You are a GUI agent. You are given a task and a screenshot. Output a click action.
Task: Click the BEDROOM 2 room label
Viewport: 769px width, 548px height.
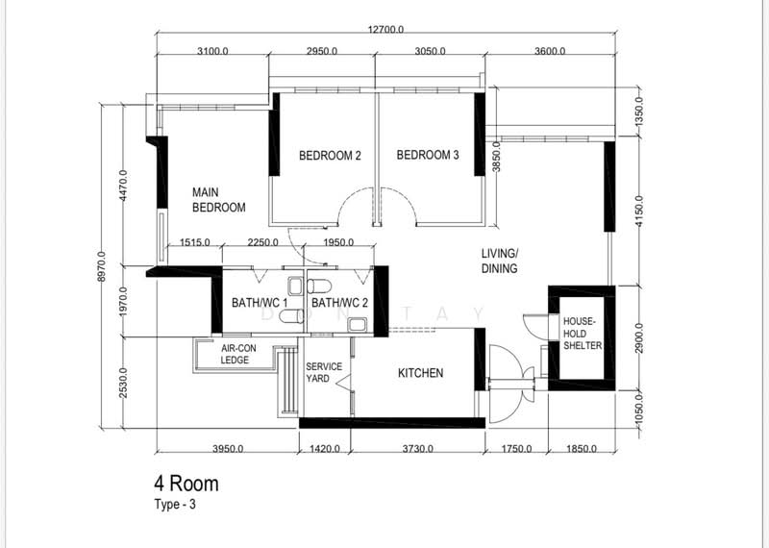[330, 156]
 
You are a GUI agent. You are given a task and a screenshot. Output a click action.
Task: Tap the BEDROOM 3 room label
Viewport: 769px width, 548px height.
[428, 155]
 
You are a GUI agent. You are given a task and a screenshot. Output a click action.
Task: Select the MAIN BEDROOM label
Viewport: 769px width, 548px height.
[219, 200]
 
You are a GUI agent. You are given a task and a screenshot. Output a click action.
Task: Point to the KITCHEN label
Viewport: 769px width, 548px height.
[420, 373]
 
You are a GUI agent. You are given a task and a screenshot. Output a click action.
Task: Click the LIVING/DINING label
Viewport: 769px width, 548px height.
[499, 261]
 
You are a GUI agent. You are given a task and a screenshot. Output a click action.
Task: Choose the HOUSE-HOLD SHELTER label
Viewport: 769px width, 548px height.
[583, 334]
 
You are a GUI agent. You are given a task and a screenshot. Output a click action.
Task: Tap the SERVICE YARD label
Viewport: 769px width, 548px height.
[324, 373]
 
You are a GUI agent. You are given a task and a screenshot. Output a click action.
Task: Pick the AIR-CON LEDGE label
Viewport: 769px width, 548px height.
[238, 354]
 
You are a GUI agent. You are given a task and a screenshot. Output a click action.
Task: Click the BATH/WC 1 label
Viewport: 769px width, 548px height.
[260, 303]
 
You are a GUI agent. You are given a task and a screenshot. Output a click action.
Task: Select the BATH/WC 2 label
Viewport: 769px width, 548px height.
[339, 303]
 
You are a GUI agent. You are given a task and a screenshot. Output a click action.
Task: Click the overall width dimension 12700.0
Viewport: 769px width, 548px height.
[385, 30]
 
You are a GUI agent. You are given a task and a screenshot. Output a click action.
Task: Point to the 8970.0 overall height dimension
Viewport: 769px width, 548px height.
[102, 266]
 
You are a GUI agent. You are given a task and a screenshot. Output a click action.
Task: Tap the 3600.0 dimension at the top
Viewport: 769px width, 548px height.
[550, 51]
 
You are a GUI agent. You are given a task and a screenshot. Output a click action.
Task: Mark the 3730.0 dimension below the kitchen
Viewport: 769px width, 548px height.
[418, 448]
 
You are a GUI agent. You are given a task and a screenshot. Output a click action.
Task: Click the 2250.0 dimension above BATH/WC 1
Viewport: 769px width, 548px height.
[262, 242]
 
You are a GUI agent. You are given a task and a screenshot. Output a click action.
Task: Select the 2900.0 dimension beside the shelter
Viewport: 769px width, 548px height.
[638, 338]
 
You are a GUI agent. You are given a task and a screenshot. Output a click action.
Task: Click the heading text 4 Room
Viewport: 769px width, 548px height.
[186, 484]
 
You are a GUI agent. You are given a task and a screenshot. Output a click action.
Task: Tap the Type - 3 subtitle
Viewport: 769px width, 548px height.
[175, 505]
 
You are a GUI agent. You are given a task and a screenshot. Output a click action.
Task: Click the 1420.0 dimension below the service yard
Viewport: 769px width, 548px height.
[325, 448]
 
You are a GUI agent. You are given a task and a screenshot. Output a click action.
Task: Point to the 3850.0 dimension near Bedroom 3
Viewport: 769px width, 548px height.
[496, 157]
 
